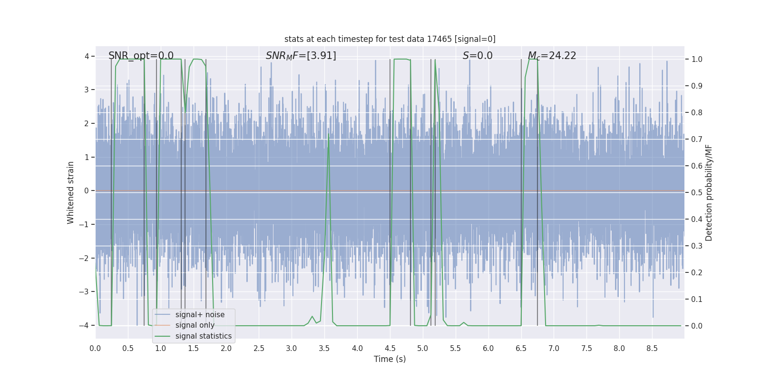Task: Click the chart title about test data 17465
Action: click(390, 39)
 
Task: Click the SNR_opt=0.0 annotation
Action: click(141, 56)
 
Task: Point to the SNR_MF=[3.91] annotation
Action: click(301, 56)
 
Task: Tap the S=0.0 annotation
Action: click(478, 56)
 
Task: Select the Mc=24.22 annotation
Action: click(552, 56)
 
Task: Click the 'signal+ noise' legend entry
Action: click(200, 315)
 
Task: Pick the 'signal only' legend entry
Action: click(195, 325)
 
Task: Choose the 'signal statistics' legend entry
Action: click(203, 336)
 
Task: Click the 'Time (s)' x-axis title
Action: click(390, 359)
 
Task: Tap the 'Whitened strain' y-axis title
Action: click(71, 192)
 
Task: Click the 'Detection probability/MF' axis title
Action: click(709, 192)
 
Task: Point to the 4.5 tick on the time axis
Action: click(390, 348)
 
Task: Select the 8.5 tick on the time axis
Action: click(652, 348)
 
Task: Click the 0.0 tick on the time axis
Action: click(95, 348)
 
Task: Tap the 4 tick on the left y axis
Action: click(87, 56)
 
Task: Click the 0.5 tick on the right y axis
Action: click(696, 193)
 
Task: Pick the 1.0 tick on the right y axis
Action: click(696, 60)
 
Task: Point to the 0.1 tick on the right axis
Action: click(696, 300)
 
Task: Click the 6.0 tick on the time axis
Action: click(488, 348)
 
